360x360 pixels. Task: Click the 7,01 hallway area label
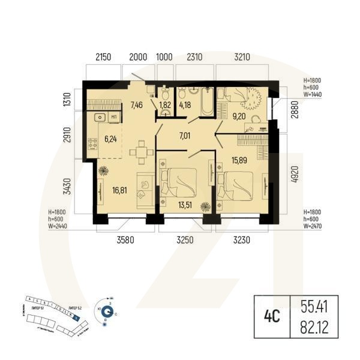(186, 136)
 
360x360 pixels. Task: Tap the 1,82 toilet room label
(164, 106)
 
